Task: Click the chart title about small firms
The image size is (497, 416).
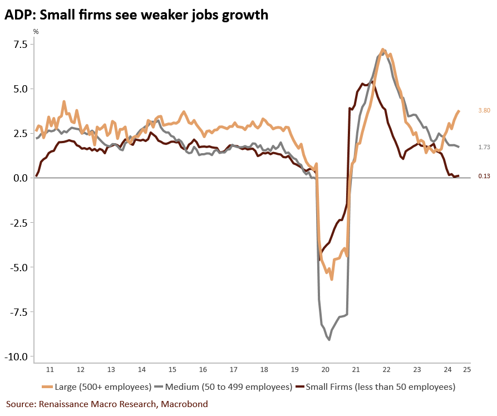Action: click(136, 15)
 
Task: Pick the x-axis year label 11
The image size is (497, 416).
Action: click(50, 369)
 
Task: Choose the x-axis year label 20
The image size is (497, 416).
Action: click(326, 369)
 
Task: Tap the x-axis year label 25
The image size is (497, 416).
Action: click(466, 369)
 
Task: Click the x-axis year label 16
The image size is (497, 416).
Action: click(203, 369)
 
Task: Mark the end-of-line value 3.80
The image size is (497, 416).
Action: click(484, 111)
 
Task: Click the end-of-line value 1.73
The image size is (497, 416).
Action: click(484, 147)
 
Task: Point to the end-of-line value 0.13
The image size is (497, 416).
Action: click(484, 176)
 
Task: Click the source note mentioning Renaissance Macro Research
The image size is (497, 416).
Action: click(107, 404)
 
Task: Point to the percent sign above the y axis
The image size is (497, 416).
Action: click(36, 32)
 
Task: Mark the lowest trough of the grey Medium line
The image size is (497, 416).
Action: click(329, 339)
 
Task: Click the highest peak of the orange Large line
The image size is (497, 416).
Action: click(383, 50)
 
